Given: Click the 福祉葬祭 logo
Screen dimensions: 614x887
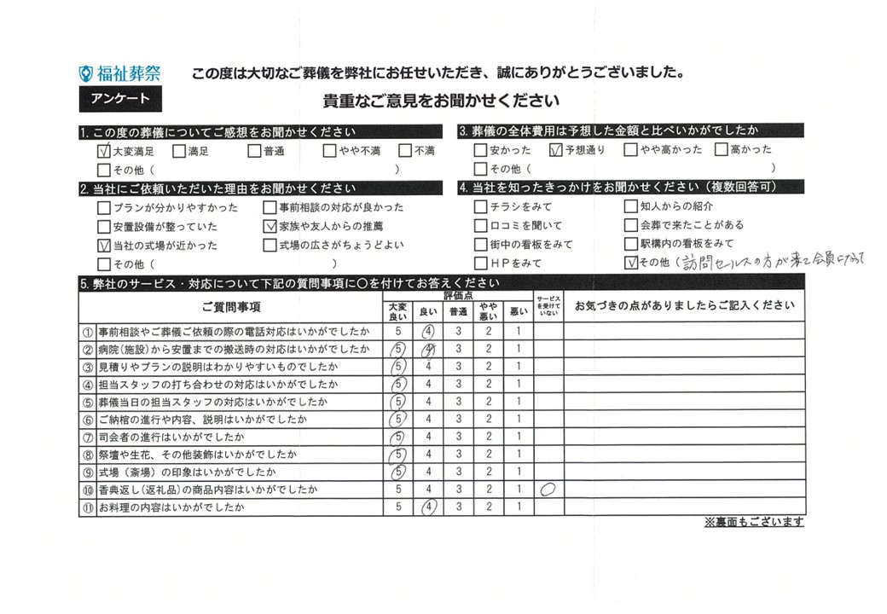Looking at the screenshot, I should (x=119, y=74).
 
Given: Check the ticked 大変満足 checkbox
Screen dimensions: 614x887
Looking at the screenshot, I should (x=104, y=152).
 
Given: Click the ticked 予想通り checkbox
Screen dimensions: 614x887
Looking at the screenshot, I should (x=557, y=151).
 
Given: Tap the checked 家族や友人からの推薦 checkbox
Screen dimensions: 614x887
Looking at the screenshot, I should (x=270, y=227).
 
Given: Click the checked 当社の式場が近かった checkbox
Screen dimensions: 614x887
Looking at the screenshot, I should (x=104, y=246).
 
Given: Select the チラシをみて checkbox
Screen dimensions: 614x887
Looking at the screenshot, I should (x=481, y=207).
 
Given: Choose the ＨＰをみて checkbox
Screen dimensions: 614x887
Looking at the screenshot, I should (x=481, y=264).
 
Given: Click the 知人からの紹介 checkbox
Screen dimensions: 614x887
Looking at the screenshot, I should (x=631, y=206).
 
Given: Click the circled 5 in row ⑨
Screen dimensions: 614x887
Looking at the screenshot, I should (x=397, y=472).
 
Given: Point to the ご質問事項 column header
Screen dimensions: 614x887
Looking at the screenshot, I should (x=231, y=307).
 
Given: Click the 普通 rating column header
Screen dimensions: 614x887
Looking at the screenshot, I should (x=458, y=313).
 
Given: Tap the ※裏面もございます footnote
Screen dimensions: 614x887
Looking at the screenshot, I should (x=753, y=523).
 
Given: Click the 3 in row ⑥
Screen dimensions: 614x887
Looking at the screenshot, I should (x=458, y=420).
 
